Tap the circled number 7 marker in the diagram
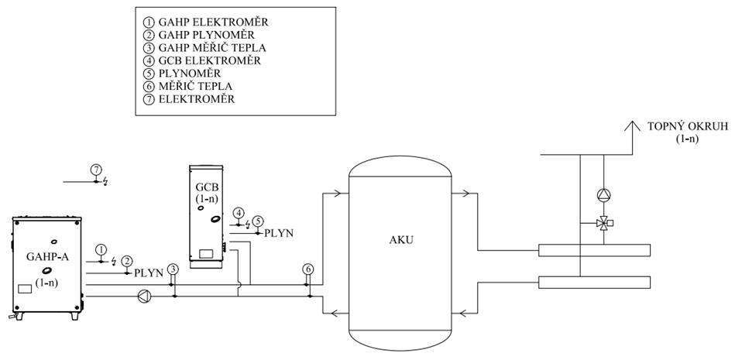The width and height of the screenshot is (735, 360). (95, 169)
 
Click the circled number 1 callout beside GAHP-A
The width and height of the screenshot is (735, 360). (101, 249)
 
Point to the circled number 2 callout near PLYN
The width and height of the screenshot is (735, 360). (126, 261)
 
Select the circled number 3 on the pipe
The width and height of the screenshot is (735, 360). (173, 269)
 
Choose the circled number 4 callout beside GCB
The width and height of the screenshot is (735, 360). (239, 213)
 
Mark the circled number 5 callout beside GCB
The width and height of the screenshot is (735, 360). (258, 221)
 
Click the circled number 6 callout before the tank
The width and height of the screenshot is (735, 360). (307, 269)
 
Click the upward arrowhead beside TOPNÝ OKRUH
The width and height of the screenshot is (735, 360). (632, 126)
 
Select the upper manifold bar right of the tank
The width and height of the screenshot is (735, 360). (594, 252)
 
